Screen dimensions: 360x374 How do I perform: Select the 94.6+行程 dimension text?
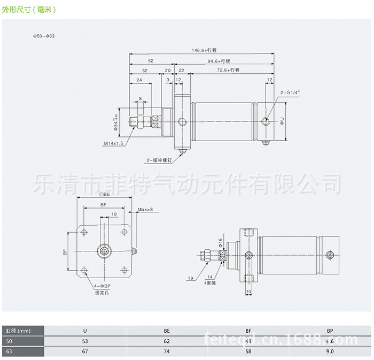[223, 60]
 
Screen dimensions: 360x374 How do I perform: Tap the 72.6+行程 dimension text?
[228, 70]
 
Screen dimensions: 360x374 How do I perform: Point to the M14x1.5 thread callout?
[114, 143]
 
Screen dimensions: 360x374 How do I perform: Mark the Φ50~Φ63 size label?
[44, 36]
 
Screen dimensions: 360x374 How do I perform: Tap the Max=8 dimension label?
[145, 209]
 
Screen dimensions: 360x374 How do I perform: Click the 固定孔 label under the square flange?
[102, 293]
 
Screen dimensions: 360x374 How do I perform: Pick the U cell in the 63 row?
[84, 351]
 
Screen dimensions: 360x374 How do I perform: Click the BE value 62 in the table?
[167, 341]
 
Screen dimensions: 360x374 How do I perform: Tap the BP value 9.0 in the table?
[330, 351]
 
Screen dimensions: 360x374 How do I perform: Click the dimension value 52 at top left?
[151, 60]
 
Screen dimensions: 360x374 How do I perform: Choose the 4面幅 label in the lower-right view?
[210, 282]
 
